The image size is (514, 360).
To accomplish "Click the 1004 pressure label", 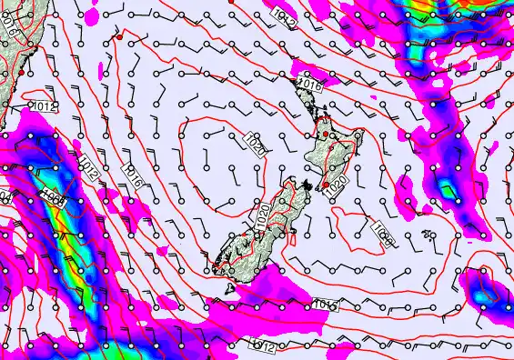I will point(54,198).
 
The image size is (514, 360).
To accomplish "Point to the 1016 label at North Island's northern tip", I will point(309,85).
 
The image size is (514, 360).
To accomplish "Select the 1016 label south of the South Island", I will point(328,304).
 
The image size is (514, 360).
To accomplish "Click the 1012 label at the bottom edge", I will point(263,345).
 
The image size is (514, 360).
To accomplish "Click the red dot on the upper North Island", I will point(327,134).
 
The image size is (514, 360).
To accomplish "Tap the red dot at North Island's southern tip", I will point(327,185).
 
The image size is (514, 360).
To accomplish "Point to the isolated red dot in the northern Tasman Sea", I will point(118,37).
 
